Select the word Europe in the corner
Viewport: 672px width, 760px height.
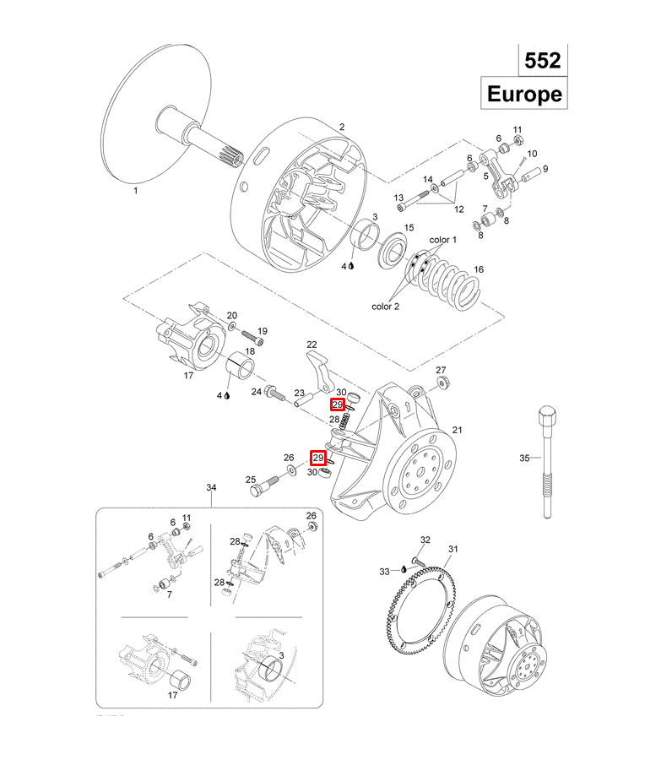pyautogui.click(x=524, y=94)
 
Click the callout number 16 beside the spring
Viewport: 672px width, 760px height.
pyautogui.click(x=479, y=269)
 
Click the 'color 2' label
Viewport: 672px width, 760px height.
pyautogui.click(x=385, y=306)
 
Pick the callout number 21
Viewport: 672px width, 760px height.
pyautogui.click(x=457, y=430)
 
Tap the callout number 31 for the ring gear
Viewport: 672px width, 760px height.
pyautogui.click(x=453, y=550)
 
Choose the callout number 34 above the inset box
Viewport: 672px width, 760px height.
pyautogui.click(x=212, y=488)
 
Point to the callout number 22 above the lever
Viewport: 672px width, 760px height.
pyautogui.click(x=312, y=345)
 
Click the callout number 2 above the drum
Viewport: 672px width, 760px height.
pyautogui.click(x=342, y=128)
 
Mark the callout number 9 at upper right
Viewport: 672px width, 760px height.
pyautogui.click(x=545, y=169)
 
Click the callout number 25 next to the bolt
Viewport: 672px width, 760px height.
pyautogui.click(x=251, y=480)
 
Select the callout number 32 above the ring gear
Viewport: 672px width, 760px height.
pyautogui.click(x=425, y=540)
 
